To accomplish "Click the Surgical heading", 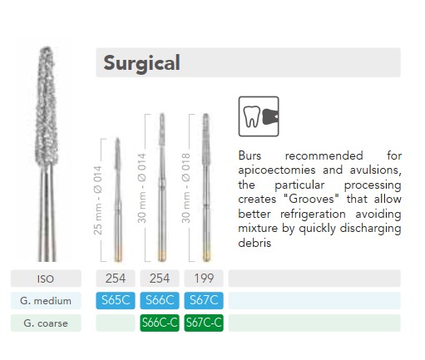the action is click(x=141, y=63).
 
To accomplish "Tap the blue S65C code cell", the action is click(x=116, y=300).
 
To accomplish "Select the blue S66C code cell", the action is click(x=160, y=300).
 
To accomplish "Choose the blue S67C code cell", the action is click(x=204, y=300).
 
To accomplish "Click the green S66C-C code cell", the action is click(x=160, y=323).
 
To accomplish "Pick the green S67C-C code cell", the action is click(x=204, y=323).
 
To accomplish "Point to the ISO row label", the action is click(x=46, y=279).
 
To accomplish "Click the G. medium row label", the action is click(x=46, y=301).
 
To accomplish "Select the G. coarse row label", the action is click(x=46, y=323).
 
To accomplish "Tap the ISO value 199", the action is click(x=204, y=279).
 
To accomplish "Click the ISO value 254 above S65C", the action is click(x=116, y=279).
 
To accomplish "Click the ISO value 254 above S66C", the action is click(x=160, y=279).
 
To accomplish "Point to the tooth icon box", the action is click(x=259, y=116).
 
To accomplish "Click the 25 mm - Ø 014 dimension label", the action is click(x=98, y=200).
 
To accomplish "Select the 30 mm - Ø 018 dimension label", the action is click(x=185, y=188).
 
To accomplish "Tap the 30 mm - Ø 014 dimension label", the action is click(x=141, y=188).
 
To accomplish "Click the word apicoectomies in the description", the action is click(x=277, y=170).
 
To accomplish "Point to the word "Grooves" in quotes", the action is click(x=311, y=199).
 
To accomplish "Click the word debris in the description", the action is click(x=255, y=243).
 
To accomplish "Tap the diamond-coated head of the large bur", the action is click(x=47, y=106).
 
